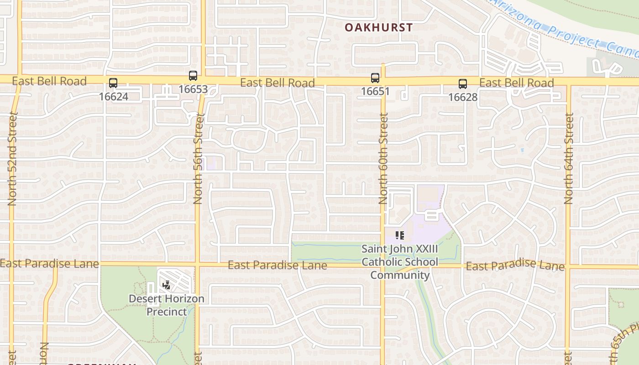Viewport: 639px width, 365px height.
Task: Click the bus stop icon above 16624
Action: [113, 83]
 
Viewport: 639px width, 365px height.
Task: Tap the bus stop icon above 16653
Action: [193, 76]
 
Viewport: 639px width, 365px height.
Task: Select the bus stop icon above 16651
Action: [375, 78]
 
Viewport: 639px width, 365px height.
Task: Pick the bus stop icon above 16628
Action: [463, 84]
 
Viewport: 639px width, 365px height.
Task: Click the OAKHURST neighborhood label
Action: [378, 27]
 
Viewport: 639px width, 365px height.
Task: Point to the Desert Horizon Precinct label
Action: [167, 305]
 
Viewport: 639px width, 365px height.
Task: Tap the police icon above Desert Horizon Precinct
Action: [167, 286]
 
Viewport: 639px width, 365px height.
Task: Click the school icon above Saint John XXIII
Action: [400, 236]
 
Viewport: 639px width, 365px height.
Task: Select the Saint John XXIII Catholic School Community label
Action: [400, 262]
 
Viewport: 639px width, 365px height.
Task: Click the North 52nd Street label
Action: [12, 159]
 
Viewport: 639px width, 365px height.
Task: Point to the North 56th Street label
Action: [198, 159]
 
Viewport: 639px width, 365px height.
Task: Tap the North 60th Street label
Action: [383, 159]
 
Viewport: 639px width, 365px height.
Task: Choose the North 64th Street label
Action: [568, 159]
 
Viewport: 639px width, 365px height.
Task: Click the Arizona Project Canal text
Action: [566, 29]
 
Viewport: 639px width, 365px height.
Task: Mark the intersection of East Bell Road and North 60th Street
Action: [383, 81]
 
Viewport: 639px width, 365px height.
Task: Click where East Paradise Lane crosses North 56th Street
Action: [198, 265]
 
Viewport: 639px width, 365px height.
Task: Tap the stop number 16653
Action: [193, 89]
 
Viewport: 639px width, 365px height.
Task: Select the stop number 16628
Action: [463, 97]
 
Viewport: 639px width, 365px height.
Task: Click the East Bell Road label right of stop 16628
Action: [517, 83]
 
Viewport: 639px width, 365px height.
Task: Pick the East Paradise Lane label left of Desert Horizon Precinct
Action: [49, 264]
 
